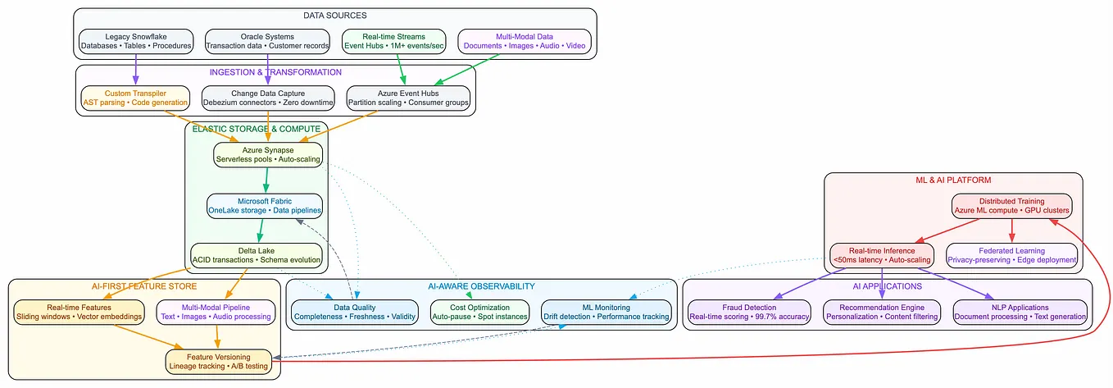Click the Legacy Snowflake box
coord(136,41)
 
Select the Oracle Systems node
coord(268,41)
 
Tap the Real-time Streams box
coord(393,41)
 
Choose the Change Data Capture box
coord(268,98)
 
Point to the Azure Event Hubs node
coord(409,98)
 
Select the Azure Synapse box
coord(268,154)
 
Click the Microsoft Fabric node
coord(265,206)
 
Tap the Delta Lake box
coord(256,255)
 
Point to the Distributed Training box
coord(1011,206)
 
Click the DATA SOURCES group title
coord(335,16)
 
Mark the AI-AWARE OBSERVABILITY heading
coord(481,286)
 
